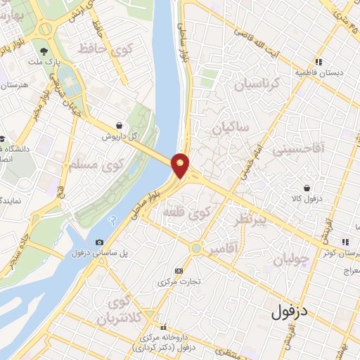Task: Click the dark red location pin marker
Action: (181, 165)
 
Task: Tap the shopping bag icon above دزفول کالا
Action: (308, 188)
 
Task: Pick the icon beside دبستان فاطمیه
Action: (319, 62)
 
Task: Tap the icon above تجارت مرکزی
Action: (179, 271)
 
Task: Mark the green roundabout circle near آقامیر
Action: (195, 248)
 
